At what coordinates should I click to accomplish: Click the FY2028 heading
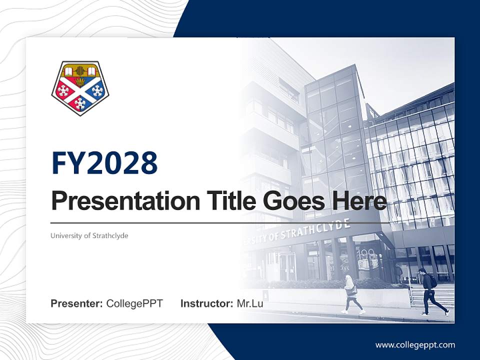point(104,163)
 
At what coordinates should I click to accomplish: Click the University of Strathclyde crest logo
point(80,87)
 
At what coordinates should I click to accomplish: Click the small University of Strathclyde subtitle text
point(89,235)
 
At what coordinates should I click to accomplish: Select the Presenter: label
point(77,303)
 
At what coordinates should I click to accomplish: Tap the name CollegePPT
point(134,303)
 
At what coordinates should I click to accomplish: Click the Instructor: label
point(206,303)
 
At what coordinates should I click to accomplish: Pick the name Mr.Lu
point(250,303)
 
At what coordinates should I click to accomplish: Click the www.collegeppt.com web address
point(415,345)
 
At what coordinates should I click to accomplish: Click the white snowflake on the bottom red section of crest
point(80,104)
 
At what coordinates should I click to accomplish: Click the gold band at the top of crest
point(80,67)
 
